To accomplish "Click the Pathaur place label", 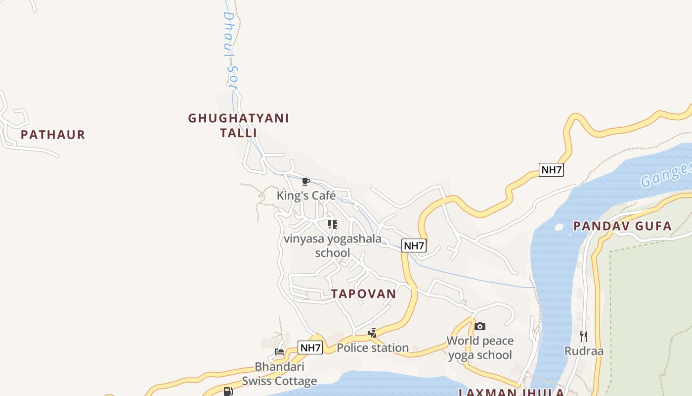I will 53,135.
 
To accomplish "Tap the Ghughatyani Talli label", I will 238,126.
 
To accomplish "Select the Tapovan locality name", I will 364,294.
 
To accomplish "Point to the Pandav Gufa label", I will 622,226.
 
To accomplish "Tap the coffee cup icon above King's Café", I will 306,181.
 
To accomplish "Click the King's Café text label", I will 306,196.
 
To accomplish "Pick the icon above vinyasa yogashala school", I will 333,224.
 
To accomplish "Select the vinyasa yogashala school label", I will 333,246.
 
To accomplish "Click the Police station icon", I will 373,333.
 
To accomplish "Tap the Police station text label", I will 373,348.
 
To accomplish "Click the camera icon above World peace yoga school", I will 480,326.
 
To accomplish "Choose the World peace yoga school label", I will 480,348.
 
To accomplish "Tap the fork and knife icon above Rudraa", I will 584,337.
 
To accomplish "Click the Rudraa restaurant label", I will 584,351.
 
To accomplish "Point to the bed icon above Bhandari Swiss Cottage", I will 279,352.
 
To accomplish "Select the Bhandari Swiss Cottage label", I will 279,374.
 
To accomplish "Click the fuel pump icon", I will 228,392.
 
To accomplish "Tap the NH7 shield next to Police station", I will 310,347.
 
